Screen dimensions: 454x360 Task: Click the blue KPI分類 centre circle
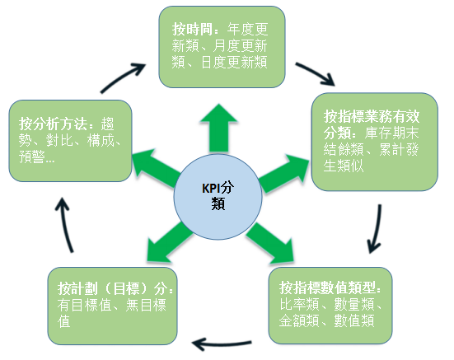218,197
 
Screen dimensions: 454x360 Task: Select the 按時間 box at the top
222,47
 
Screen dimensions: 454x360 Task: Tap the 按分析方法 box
70,141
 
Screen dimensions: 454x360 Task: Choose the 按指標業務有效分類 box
374,142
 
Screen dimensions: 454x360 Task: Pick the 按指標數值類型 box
330,306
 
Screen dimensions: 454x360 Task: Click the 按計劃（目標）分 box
112,306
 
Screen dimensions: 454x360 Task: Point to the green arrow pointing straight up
219,129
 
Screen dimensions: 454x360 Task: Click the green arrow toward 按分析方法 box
157,168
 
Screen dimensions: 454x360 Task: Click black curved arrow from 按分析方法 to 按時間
122,76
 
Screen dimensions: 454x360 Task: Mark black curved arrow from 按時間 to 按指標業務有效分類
316,73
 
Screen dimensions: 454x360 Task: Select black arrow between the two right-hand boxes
377,229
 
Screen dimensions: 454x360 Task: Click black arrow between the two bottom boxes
222,344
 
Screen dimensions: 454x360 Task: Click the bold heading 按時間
192,29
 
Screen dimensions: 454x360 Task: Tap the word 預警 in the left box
32,157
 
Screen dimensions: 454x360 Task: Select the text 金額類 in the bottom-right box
299,320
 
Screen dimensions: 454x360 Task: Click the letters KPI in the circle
209,188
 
